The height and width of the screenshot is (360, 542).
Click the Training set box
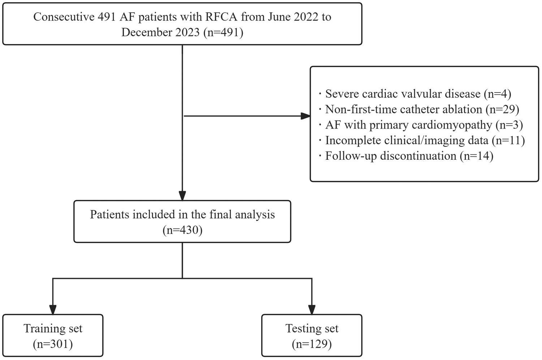point(53,335)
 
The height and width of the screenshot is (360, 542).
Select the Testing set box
point(311,335)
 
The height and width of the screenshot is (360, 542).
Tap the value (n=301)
point(53,344)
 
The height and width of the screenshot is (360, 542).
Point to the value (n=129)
point(311,344)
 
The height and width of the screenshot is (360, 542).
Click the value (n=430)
point(182,230)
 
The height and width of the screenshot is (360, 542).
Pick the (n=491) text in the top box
point(223,32)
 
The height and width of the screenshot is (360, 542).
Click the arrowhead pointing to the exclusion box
point(305,116)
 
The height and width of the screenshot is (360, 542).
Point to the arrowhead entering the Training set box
point(53,310)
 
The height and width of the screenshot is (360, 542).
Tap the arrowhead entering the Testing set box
point(311,310)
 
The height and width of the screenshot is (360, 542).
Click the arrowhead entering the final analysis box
point(182,196)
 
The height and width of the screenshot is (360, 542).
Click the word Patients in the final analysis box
point(109,214)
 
